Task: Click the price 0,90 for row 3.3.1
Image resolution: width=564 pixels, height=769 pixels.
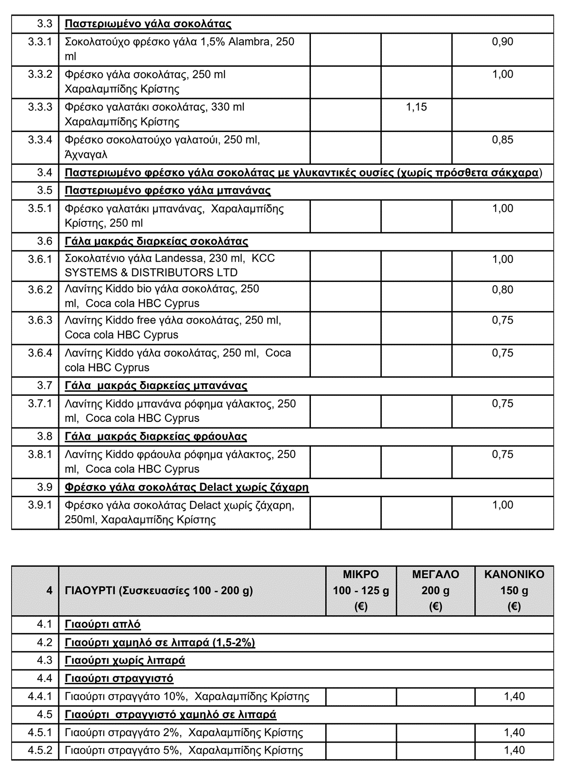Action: pyautogui.click(x=502, y=42)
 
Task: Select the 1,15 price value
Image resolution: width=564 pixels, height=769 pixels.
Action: pyautogui.click(x=416, y=107)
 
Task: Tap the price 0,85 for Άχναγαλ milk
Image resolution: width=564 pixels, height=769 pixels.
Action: pyautogui.click(x=502, y=140)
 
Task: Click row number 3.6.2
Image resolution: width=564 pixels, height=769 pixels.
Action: pyautogui.click(x=40, y=289)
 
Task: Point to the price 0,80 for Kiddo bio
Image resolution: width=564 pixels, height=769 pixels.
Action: pyautogui.click(x=502, y=290)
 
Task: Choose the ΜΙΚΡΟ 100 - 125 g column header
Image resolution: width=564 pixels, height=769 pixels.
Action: pyautogui.click(x=361, y=590)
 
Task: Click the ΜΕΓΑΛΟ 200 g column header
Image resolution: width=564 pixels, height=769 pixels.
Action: pyautogui.click(x=435, y=590)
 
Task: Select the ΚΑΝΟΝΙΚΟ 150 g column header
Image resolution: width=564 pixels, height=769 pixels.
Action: pyautogui.click(x=514, y=590)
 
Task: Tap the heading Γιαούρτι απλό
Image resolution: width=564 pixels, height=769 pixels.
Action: pyautogui.click(x=103, y=624)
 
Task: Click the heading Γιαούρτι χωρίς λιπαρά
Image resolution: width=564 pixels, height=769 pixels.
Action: pyautogui.click(x=125, y=660)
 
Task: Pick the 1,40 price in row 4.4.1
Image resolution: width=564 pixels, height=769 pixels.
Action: pyautogui.click(x=514, y=696)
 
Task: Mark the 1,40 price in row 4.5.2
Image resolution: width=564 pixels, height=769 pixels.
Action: pyautogui.click(x=514, y=750)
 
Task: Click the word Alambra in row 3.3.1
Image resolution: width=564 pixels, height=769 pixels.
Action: pyautogui.click(x=250, y=42)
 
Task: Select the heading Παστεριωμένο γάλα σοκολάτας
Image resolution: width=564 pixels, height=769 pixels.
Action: pyautogui.click(x=148, y=24)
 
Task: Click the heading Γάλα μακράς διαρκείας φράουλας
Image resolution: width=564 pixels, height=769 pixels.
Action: pyautogui.click(x=156, y=437)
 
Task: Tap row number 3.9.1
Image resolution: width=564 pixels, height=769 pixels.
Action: pyautogui.click(x=40, y=505)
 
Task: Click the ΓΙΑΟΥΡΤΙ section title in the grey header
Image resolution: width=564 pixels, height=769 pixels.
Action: pyautogui.click(x=159, y=591)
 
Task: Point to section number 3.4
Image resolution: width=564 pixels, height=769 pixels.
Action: pyautogui.click(x=45, y=173)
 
